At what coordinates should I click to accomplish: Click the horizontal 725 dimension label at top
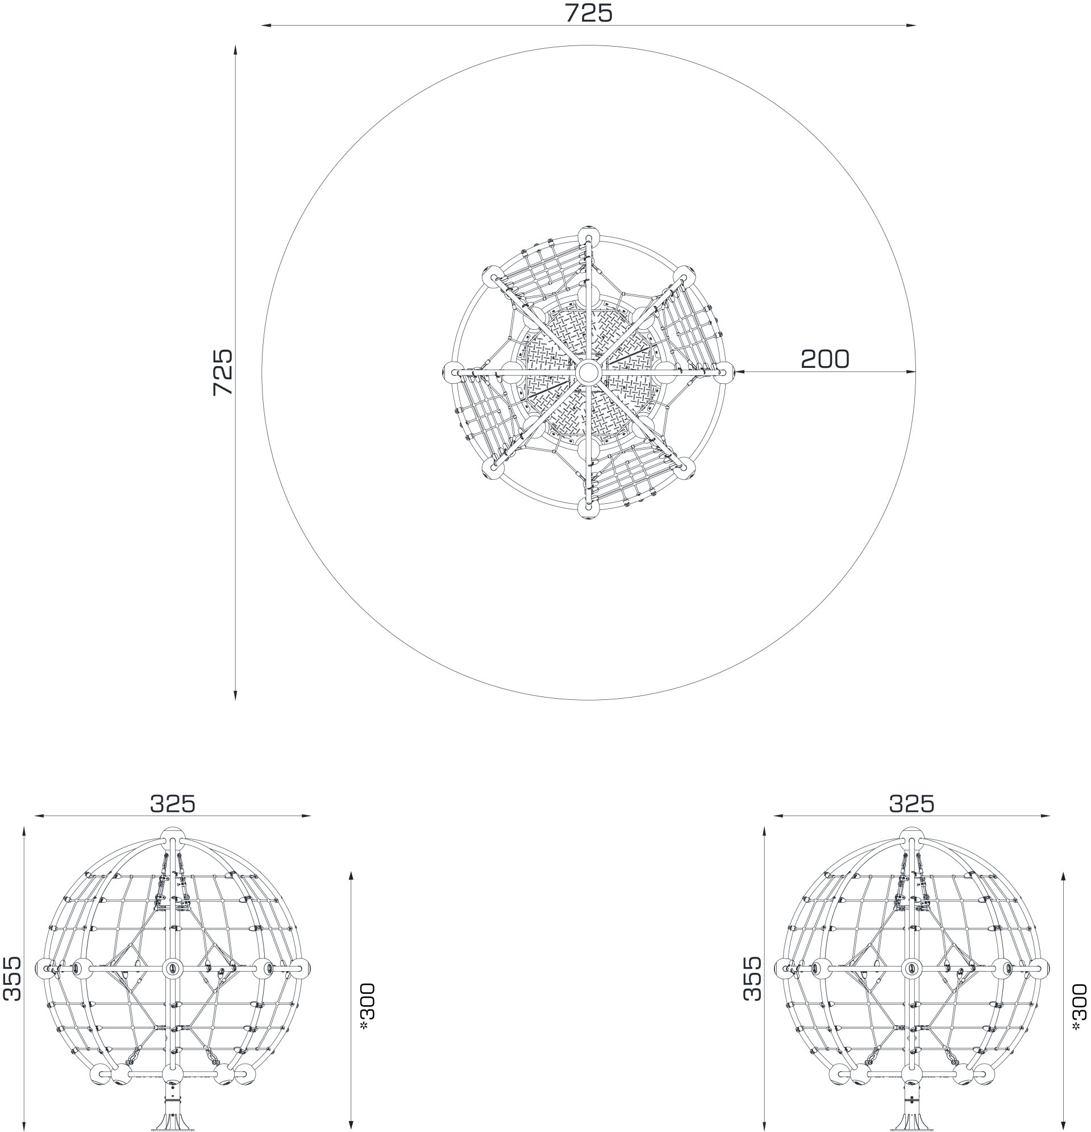(588, 13)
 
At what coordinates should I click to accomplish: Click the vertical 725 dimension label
(222, 372)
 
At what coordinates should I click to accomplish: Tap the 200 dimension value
(825, 359)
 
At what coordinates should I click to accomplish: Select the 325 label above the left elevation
(173, 803)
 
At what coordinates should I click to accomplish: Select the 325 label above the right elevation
(911, 803)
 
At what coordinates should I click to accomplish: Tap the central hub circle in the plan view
(588, 372)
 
